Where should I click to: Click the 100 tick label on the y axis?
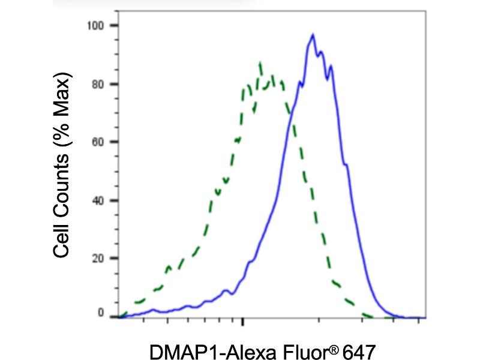[96, 26]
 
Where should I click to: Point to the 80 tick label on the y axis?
[98, 84]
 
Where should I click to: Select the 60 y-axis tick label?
[98, 142]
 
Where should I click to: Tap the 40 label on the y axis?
[98, 200]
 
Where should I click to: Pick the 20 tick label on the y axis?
[98, 259]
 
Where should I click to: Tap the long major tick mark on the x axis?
[242, 322]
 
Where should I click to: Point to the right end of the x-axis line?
[426, 317]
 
